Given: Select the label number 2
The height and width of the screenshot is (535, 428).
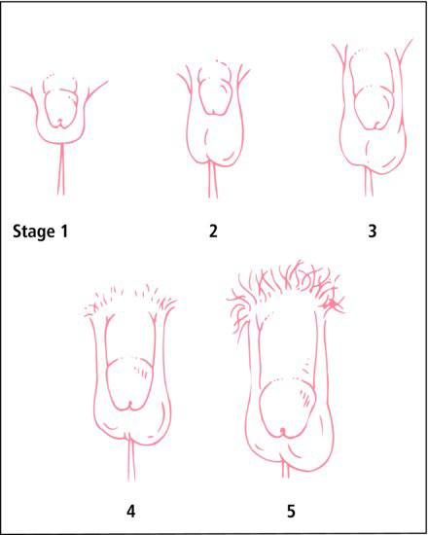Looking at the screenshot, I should (213, 232).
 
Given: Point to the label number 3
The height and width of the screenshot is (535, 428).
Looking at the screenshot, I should (373, 232).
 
